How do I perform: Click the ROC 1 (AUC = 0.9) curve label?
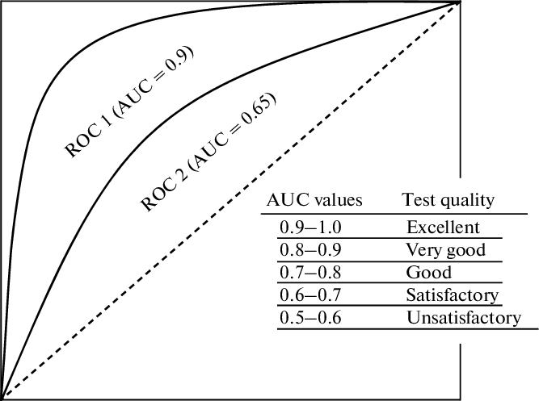point(133,102)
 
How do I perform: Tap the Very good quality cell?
point(446,249)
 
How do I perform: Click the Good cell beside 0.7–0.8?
point(429,272)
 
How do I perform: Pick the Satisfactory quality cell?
point(453,294)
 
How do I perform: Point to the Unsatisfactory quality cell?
point(464,317)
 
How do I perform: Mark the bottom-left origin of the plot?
point(2,397)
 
